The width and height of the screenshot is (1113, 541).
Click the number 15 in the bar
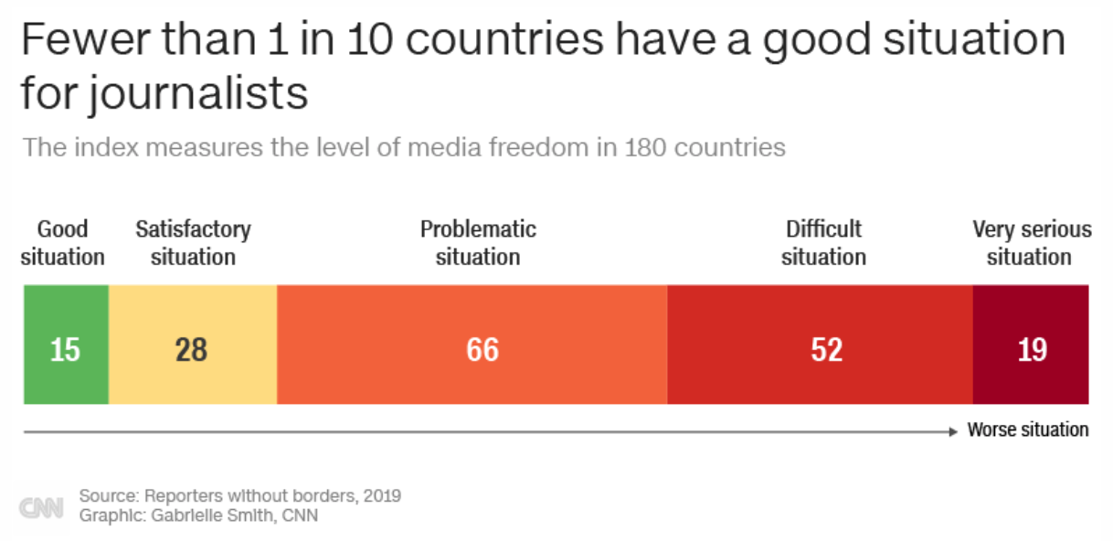(65, 350)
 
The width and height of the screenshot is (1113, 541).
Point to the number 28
(192, 350)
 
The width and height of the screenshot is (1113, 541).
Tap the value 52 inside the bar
(826, 350)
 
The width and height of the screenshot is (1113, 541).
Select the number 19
(1032, 350)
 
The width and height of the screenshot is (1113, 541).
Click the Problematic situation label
(478, 243)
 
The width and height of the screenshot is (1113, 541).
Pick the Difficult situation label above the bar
(823, 243)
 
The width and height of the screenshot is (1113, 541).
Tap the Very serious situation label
(1031, 243)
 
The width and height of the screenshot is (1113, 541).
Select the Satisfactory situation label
(193, 243)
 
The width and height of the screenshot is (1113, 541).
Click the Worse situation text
(1028, 430)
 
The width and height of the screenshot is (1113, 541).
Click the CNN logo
(42, 507)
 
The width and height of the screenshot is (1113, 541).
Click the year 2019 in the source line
(382, 496)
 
